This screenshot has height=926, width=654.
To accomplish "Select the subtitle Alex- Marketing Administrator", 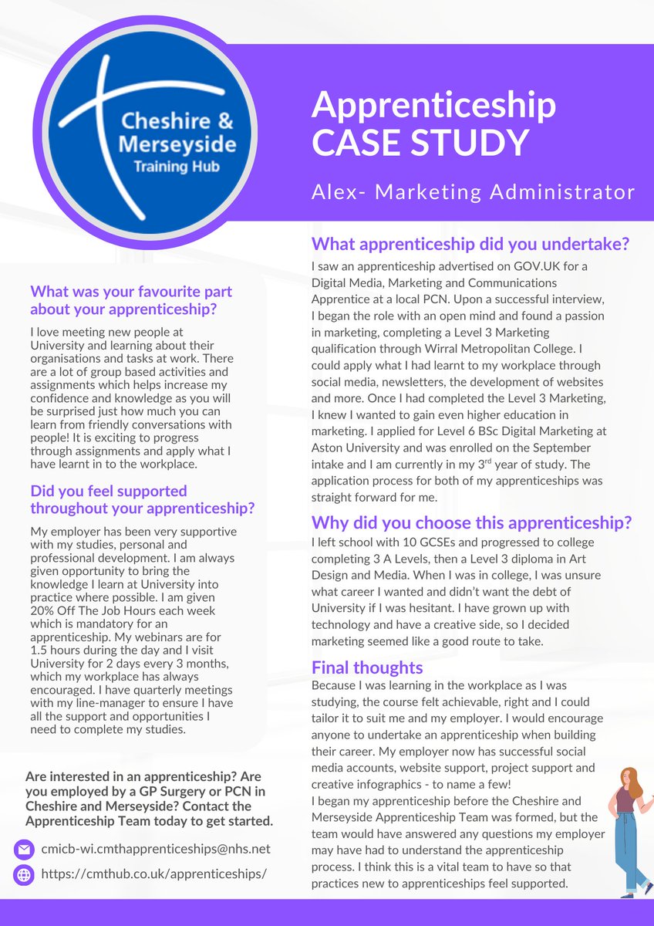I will tap(473, 191).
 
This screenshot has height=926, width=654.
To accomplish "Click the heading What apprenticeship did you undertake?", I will tap(470, 245).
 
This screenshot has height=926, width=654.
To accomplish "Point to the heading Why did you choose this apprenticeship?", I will tap(471, 522).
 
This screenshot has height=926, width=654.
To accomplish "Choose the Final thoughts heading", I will tap(367, 667).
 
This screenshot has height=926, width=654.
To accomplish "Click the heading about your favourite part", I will tap(131, 300).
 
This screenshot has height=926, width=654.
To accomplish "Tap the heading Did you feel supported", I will tap(143, 499).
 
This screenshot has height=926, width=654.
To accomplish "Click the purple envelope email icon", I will tap(24, 850).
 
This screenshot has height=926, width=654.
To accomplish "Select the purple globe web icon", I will tap(24, 874).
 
